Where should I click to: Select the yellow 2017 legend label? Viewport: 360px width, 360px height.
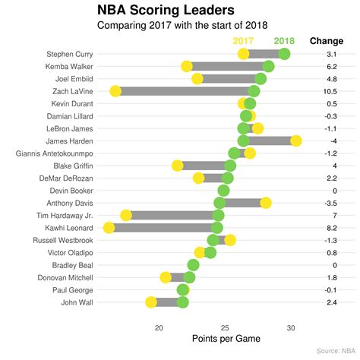click(243, 40)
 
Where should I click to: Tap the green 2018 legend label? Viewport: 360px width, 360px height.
click(284, 40)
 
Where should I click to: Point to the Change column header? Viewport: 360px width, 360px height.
click(326, 40)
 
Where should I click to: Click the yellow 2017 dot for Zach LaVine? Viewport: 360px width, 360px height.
click(115, 91)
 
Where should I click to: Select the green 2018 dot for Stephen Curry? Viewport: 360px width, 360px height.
click(284, 54)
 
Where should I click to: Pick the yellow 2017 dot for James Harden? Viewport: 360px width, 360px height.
click(296, 141)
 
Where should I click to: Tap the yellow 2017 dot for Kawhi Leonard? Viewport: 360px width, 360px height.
click(109, 228)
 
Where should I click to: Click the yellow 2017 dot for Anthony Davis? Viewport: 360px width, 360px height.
click(266, 203)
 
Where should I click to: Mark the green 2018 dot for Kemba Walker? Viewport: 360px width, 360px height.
click(268, 66)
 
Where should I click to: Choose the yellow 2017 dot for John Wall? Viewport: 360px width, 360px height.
click(151, 302)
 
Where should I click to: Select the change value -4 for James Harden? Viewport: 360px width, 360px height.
click(333, 141)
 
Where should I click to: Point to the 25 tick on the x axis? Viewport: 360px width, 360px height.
click(225, 327)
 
